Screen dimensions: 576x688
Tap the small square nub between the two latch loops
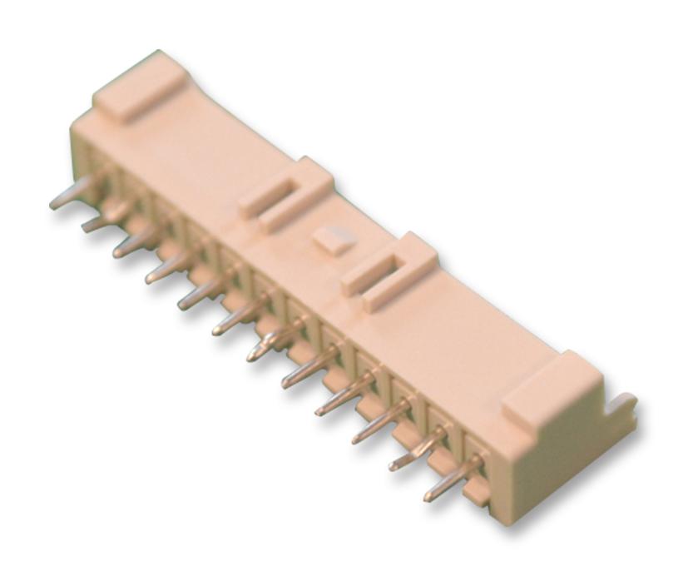coord(331,240)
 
